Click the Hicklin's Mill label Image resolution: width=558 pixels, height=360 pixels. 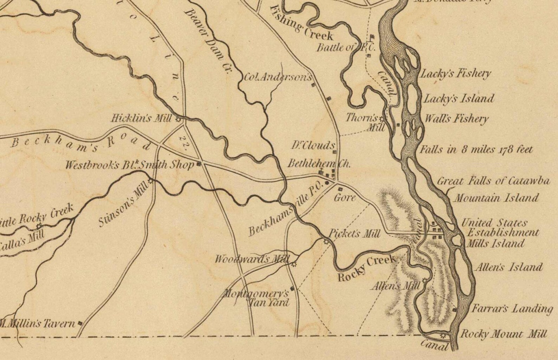point(141,118)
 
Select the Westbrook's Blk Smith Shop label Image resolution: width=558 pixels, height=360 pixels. point(129,165)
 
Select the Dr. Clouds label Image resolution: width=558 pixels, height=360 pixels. point(313,145)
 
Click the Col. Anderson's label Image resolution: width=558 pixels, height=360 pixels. point(278,77)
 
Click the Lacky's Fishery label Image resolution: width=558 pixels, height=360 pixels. point(455,74)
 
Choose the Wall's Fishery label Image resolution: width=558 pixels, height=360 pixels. point(456,119)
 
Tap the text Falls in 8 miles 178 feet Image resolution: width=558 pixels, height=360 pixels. point(476,150)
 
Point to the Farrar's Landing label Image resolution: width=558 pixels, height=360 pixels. point(512,309)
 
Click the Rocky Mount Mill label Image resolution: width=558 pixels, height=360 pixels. point(503,334)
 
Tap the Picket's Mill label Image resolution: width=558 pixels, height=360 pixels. point(354,234)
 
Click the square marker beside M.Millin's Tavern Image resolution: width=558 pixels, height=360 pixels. point(80,323)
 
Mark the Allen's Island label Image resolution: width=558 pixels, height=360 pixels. point(509,268)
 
